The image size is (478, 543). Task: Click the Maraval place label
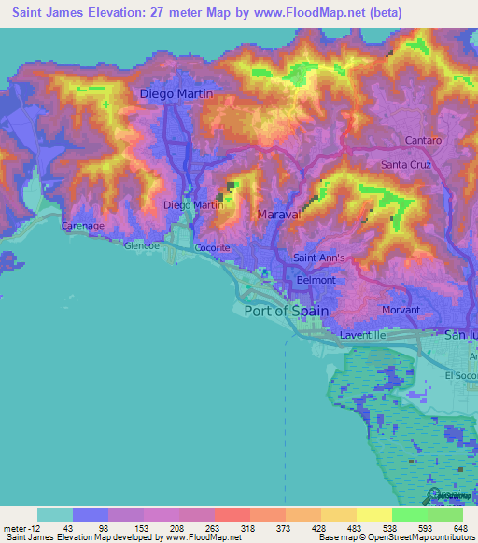278,215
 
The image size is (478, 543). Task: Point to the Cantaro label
424,140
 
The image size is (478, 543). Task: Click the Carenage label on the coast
82,227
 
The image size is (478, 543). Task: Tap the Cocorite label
213,248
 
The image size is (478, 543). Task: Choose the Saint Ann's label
319,258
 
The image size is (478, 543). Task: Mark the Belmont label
316,280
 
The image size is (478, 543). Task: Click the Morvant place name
401,310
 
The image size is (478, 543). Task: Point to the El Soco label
460,376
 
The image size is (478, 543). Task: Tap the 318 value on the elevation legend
249,528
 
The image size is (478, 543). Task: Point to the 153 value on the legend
143,528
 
